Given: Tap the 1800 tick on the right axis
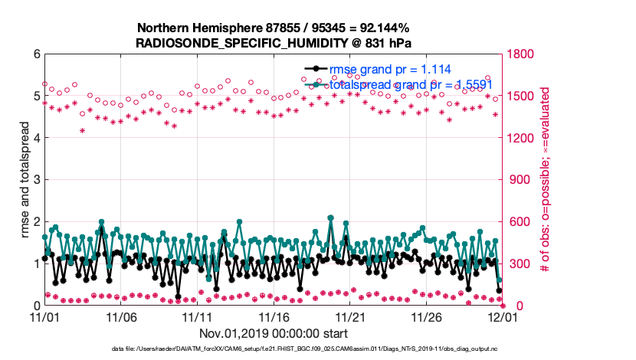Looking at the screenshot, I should tap(523, 54).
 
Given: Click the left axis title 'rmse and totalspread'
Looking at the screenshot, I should tap(25, 180).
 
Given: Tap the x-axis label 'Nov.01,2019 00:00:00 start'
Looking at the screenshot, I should tap(274, 333).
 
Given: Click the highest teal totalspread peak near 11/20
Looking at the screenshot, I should tap(330, 218).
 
